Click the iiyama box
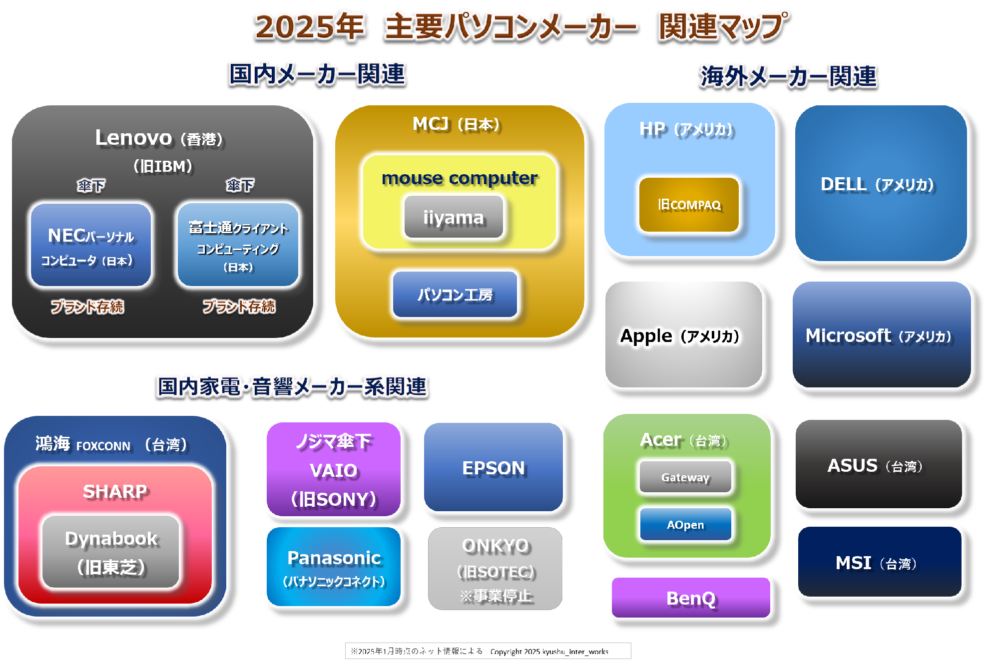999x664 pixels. [x=454, y=217]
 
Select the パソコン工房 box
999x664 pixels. [x=455, y=295]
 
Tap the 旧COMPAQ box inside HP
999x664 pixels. [x=689, y=205]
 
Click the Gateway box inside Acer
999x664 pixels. [x=685, y=477]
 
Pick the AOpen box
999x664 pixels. [x=685, y=524]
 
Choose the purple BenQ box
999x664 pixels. [x=691, y=598]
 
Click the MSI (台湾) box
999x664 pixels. [x=880, y=562]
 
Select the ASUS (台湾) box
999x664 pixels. [x=879, y=464]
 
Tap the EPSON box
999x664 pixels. [x=494, y=467]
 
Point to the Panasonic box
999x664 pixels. [x=334, y=567]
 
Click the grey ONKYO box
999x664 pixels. [x=496, y=569]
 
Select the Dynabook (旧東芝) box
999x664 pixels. [x=111, y=552]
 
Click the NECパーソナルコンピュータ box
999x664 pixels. [x=91, y=245]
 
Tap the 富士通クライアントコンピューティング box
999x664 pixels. [x=238, y=245]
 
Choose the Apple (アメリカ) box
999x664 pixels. [x=684, y=334]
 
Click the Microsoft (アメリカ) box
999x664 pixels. [x=882, y=334]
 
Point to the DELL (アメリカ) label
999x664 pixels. [x=878, y=184]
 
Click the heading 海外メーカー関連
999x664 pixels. [x=789, y=76]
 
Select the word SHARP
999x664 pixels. [x=115, y=491]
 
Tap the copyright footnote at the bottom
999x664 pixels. [x=488, y=651]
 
